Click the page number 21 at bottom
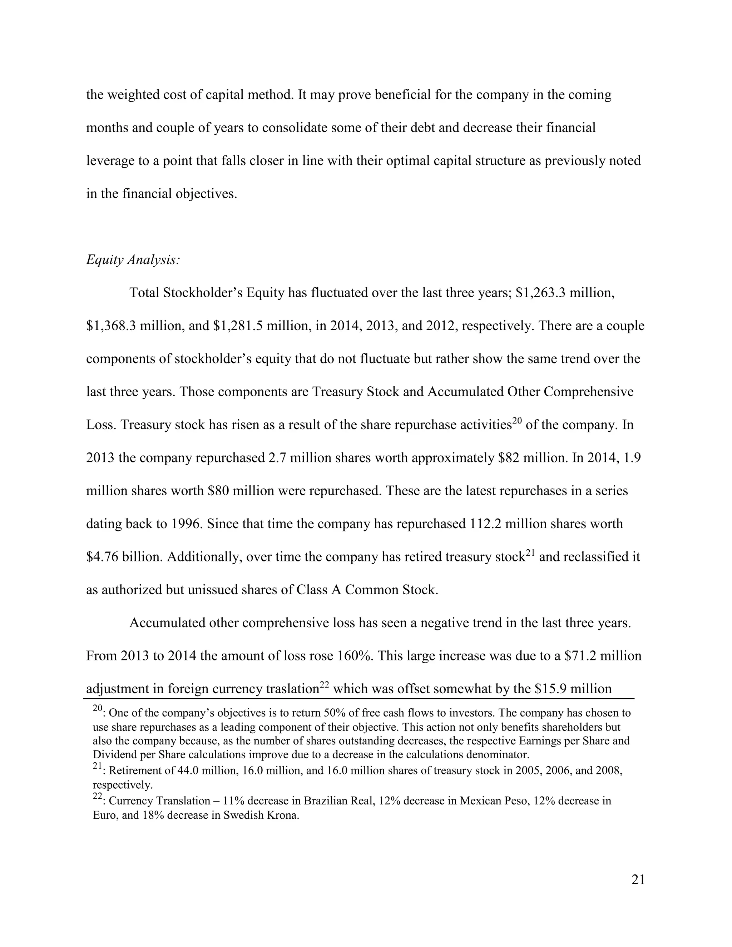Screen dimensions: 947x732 click(x=638, y=880)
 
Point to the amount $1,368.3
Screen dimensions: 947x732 click(x=110, y=326)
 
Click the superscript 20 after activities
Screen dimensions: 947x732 click(x=516, y=420)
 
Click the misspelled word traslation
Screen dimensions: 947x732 click(x=286, y=689)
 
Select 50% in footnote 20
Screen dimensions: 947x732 click(x=333, y=713)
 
